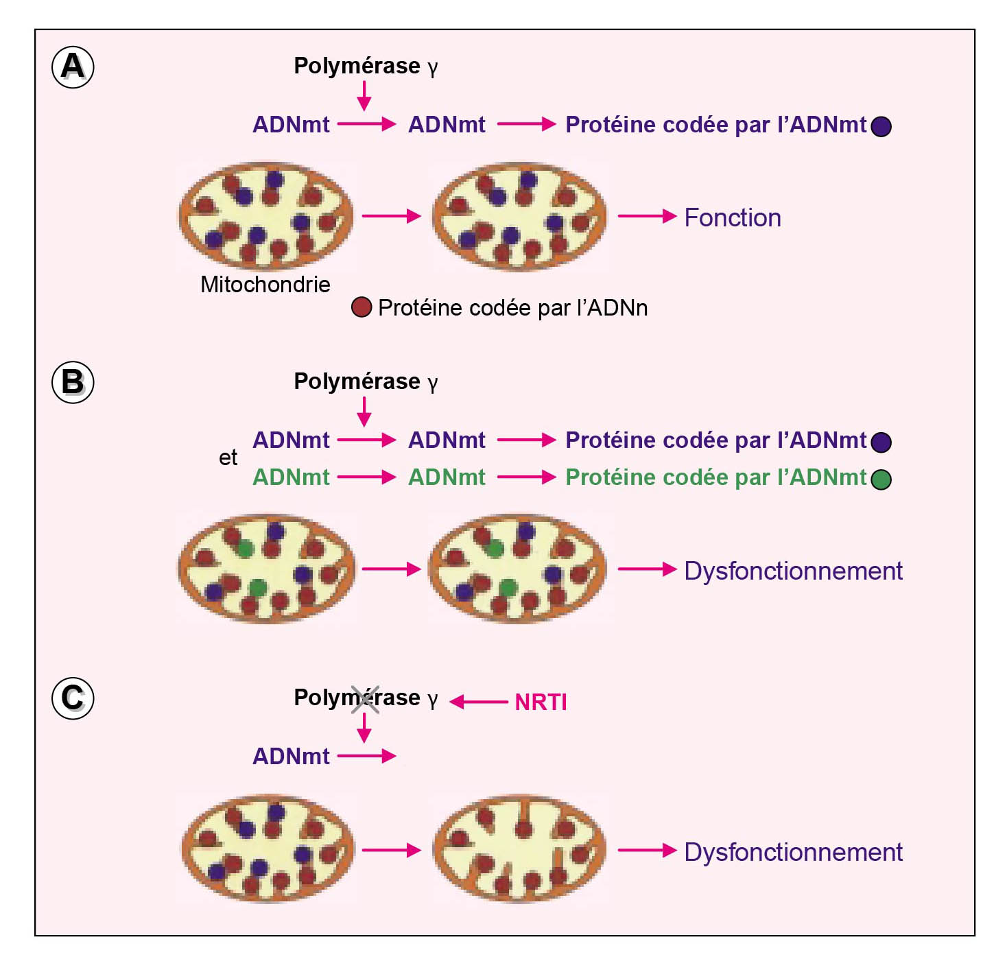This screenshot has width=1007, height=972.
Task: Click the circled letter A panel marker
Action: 73,67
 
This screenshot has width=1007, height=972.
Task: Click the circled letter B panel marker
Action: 73,382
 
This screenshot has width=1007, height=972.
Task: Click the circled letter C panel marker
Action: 73,698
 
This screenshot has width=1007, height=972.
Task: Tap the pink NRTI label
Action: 541,702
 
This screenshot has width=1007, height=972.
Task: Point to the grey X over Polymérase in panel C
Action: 365,699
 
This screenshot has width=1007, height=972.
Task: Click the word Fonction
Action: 733,218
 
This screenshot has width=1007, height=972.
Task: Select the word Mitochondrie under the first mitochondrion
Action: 265,285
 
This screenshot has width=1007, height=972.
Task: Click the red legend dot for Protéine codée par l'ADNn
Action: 362,307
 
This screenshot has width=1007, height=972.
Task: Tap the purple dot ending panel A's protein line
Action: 881,126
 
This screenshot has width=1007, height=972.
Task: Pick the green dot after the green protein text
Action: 881,479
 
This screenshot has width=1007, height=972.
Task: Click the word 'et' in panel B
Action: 228,458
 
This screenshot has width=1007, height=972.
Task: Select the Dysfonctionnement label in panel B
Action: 793,571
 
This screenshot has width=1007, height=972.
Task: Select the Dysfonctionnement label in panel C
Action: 793,853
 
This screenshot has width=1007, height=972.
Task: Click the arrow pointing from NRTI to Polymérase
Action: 478,702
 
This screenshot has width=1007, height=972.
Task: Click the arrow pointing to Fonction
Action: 647,216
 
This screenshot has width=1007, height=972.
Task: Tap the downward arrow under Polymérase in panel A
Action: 364,95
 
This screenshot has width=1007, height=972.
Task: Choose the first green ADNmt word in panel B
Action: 291,477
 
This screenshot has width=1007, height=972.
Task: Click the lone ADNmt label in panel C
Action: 291,757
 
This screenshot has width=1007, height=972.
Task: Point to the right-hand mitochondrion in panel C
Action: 519,849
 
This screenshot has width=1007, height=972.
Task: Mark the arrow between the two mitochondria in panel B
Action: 391,569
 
